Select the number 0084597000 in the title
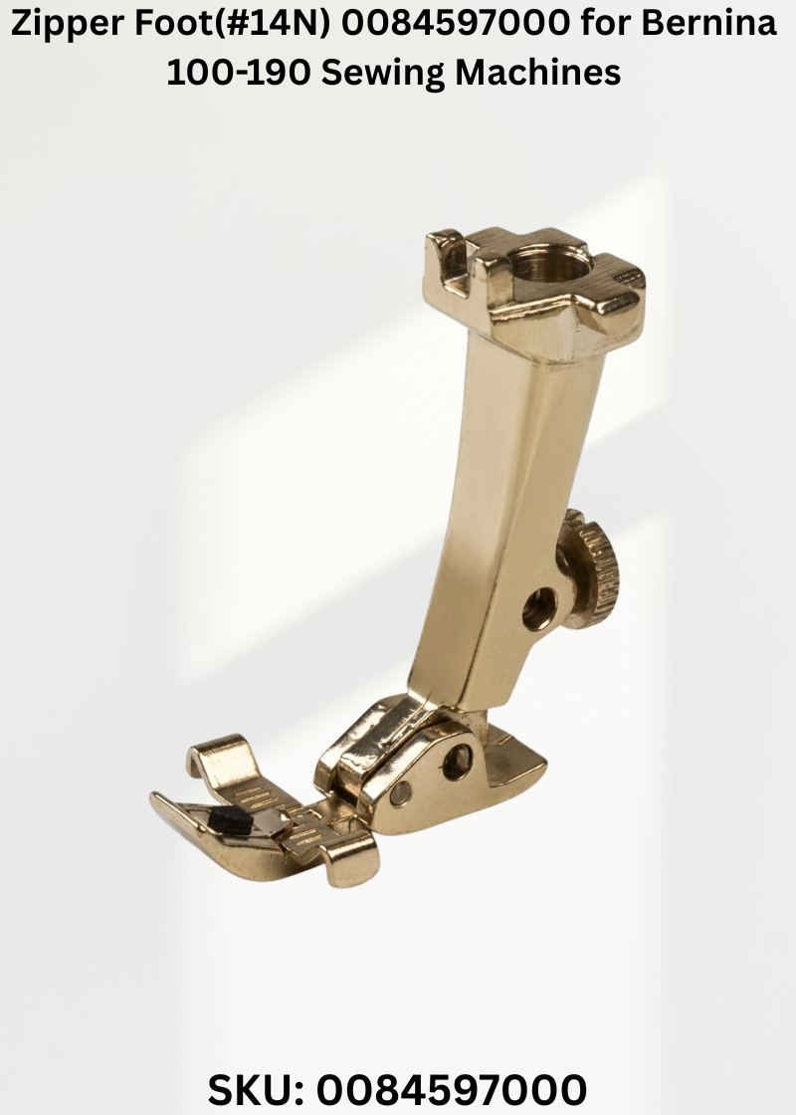click(456, 24)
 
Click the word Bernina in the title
click(709, 24)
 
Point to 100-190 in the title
click(238, 72)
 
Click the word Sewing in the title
click(382, 74)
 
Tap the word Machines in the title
click(538, 72)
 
